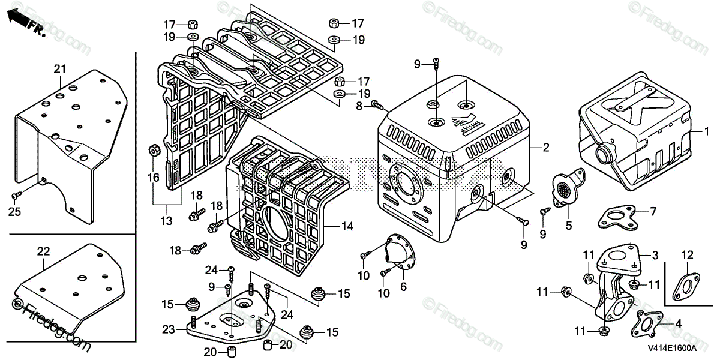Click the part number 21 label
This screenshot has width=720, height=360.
[x=59, y=70]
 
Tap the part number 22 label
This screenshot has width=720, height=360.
[x=43, y=252]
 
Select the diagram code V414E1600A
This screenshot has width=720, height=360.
[x=671, y=348]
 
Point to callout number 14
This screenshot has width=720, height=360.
[x=347, y=227]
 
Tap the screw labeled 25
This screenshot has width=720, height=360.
[x=18, y=196]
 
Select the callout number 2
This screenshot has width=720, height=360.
[x=546, y=148]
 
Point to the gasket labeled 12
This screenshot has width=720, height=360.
[x=685, y=287]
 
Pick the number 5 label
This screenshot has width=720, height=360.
[x=569, y=226]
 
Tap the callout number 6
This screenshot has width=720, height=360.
[x=403, y=287]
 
